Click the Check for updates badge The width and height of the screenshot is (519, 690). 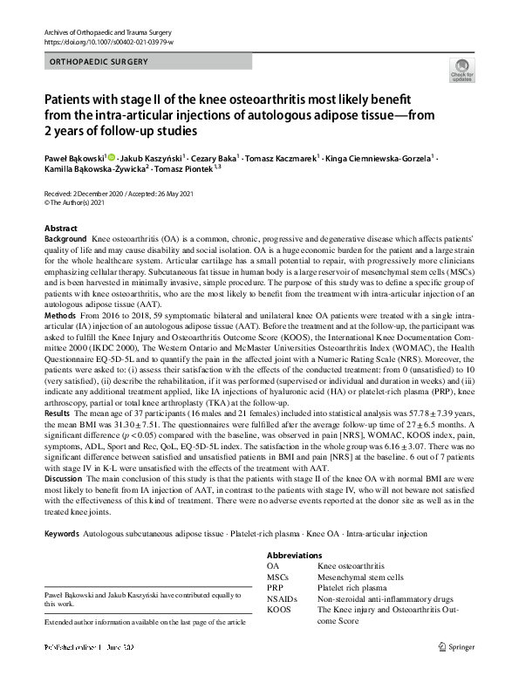pos(461,69)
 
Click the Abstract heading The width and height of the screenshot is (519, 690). pos(60,228)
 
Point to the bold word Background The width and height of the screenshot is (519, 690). pos(65,238)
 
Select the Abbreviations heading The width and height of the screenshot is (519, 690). pos(294,556)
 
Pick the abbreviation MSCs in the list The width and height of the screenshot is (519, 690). pos(278,577)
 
